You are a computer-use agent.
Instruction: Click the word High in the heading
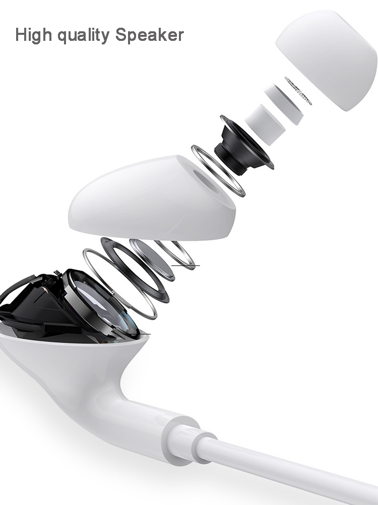pyautogui.click(x=33, y=35)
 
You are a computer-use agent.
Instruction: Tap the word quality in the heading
pyautogui.click(x=84, y=35)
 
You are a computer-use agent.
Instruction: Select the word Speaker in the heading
pyautogui.click(x=150, y=35)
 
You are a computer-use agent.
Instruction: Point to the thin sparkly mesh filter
pyautogui.click(x=298, y=91)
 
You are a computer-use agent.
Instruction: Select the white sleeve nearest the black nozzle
pyautogui.click(x=265, y=125)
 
